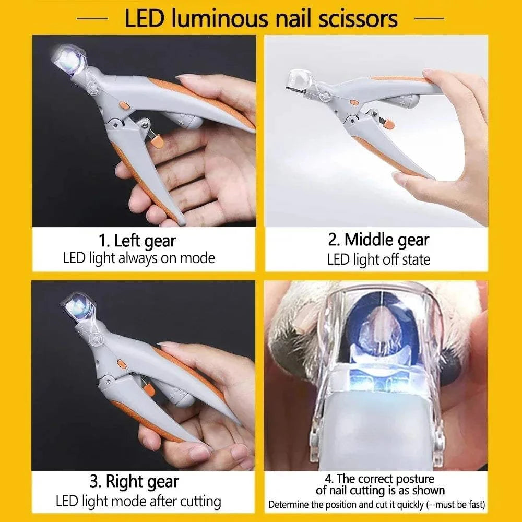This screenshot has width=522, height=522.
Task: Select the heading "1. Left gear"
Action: (x=138, y=241)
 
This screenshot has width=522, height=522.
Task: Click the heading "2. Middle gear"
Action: (x=378, y=240)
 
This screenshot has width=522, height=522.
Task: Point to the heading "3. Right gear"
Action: (x=134, y=481)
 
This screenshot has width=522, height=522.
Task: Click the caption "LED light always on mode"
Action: (x=139, y=257)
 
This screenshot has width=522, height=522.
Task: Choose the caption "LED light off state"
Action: (x=378, y=259)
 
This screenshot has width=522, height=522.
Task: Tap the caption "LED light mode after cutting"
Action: (x=138, y=502)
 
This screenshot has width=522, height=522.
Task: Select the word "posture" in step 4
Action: (x=412, y=479)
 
